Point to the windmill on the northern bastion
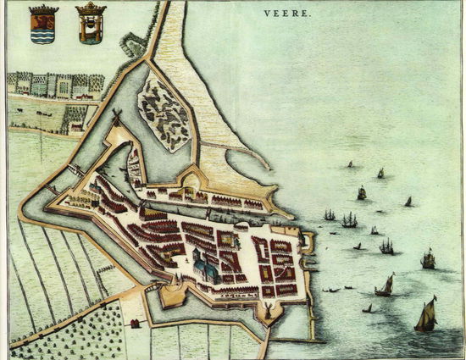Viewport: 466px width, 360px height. pyautogui.click(x=116, y=118)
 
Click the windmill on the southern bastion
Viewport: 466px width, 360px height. pyautogui.click(x=268, y=312)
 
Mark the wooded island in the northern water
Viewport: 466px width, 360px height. pyautogui.click(x=164, y=110)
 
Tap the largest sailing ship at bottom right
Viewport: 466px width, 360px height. pyautogui.click(x=425, y=315)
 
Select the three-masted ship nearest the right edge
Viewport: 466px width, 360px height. pyautogui.click(x=428, y=258)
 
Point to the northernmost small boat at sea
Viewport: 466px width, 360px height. pyautogui.click(x=349, y=164)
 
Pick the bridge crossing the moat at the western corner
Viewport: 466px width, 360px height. pyautogui.click(x=56, y=188)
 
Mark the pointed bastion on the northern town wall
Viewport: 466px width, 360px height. pyautogui.click(x=191, y=177)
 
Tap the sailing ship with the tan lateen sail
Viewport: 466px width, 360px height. pyautogui.click(x=385, y=285)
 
